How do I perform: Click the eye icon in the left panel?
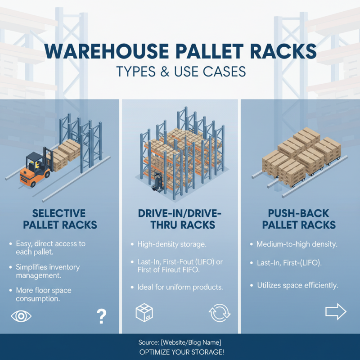click(21, 316)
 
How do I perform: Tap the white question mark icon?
click(101, 316)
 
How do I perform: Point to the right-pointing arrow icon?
click(335, 311)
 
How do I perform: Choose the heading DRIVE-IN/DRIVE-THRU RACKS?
click(180, 218)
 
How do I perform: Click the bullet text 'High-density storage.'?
click(171, 244)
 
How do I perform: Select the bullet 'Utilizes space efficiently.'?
click(297, 285)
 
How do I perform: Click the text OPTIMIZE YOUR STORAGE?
click(180, 351)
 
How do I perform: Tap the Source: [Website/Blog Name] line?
click(180, 342)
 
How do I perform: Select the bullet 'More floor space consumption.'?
click(43, 295)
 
